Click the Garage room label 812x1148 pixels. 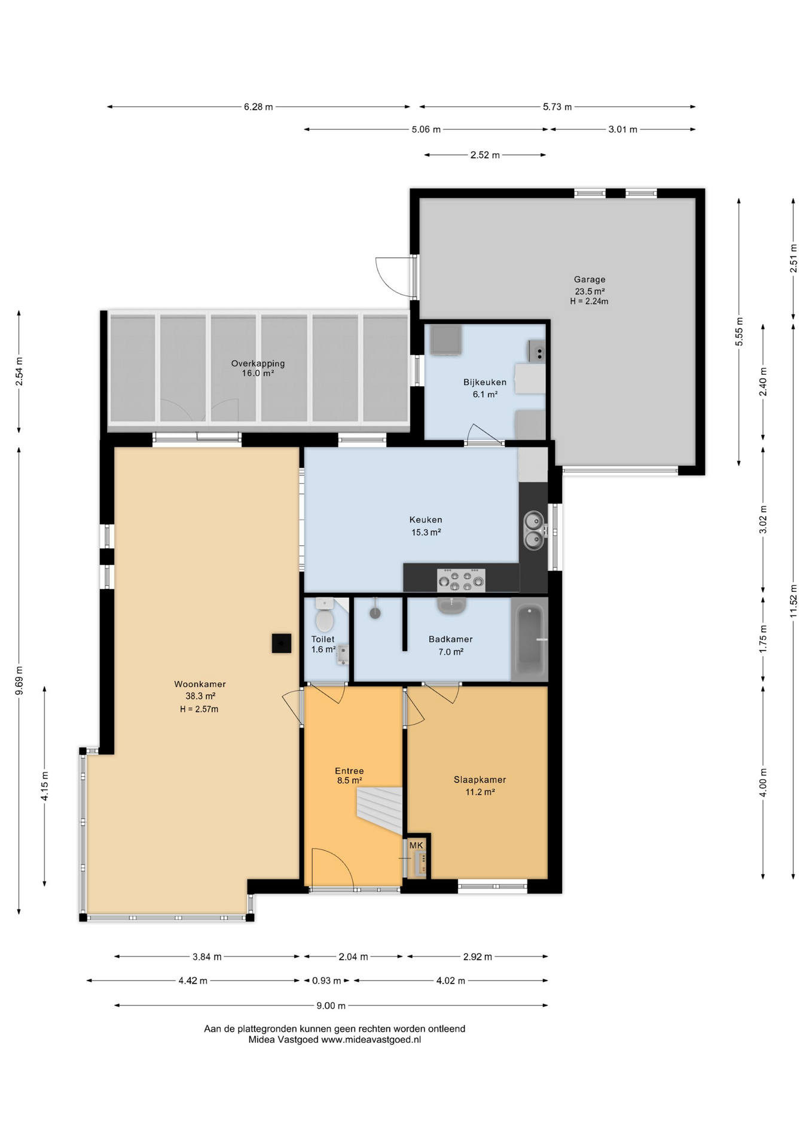tap(590, 279)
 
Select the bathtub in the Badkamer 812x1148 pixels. tap(530, 639)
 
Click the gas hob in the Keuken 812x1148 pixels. tap(461, 580)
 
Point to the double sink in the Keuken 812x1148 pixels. tap(533, 530)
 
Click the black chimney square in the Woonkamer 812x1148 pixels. tap(282, 643)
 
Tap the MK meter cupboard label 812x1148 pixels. tap(416, 845)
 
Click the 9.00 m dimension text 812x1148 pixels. tap(331, 1006)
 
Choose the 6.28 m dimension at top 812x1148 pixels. tap(258, 107)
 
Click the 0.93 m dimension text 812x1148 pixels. tap(326, 981)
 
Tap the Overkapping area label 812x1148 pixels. tap(258, 364)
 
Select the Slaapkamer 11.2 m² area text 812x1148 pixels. tap(480, 792)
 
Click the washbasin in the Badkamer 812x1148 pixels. tap(451, 606)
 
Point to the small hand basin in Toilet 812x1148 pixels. tap(343, 654)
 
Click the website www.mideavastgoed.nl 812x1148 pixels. tap(371, 1040)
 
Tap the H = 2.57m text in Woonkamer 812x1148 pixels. tap(199, 709)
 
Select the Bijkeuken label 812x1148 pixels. tap(485, 383)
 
